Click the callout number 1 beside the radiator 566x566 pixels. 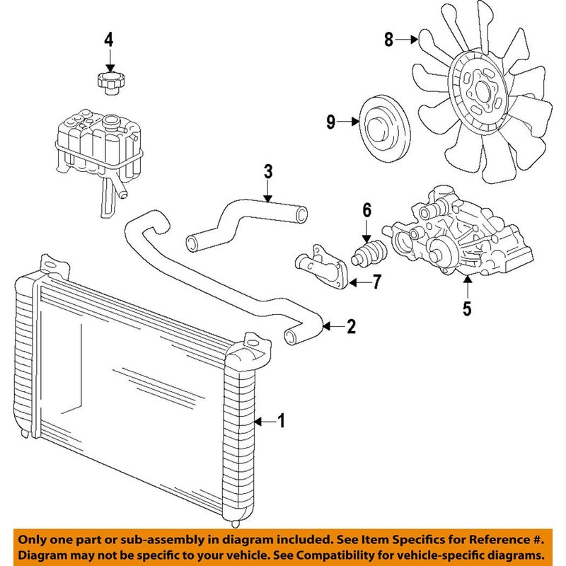280,422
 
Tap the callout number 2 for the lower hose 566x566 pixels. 352,327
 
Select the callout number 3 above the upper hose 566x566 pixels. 268,171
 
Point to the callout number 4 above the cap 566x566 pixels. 108,40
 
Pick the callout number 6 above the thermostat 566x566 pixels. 366,209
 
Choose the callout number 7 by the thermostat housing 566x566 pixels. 377,282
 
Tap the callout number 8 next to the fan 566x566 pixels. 388,40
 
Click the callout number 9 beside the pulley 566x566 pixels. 331,122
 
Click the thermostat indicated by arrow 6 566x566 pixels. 369,253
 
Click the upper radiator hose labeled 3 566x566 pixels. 241,219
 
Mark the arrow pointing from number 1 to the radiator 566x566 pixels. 261,422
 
